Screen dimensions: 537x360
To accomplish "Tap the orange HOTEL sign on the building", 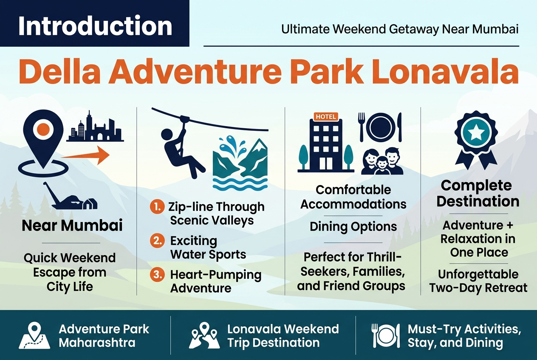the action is click(326, 117).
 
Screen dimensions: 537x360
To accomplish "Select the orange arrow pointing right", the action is click(85, 155).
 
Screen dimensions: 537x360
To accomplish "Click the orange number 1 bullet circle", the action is click(157, 207).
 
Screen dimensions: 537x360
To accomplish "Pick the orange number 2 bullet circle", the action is click(157, 240).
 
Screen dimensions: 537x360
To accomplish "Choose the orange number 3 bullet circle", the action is click(157, 274).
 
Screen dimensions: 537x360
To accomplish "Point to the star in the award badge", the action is click(476, 132).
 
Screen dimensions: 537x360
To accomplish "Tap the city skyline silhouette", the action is click(95, 127).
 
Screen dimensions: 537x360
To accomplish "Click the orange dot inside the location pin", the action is click(43, 129).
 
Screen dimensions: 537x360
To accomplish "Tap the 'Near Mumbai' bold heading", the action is click(72, 225).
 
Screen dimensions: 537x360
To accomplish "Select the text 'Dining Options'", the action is click(353, 227).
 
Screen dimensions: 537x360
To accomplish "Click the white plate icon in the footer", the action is click(386, 335).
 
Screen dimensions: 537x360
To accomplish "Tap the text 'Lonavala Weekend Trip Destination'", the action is click(283, 335).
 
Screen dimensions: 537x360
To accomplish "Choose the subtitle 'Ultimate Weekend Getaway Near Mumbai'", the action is click(400, 29).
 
